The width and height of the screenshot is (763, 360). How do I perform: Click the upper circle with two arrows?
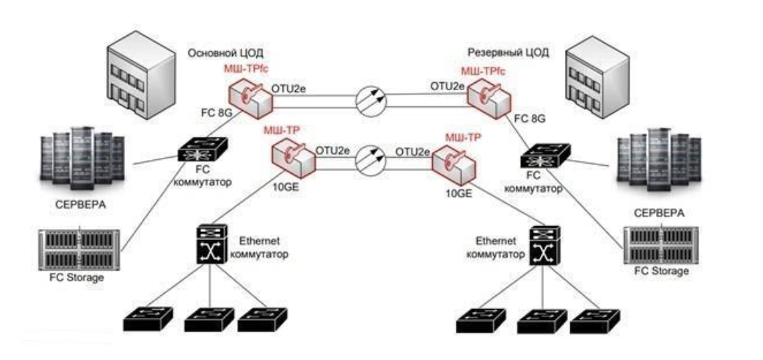point(371,99)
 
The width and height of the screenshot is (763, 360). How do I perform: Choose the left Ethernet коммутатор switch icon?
point(210,246)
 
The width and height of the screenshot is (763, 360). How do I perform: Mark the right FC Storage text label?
point(660,271)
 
